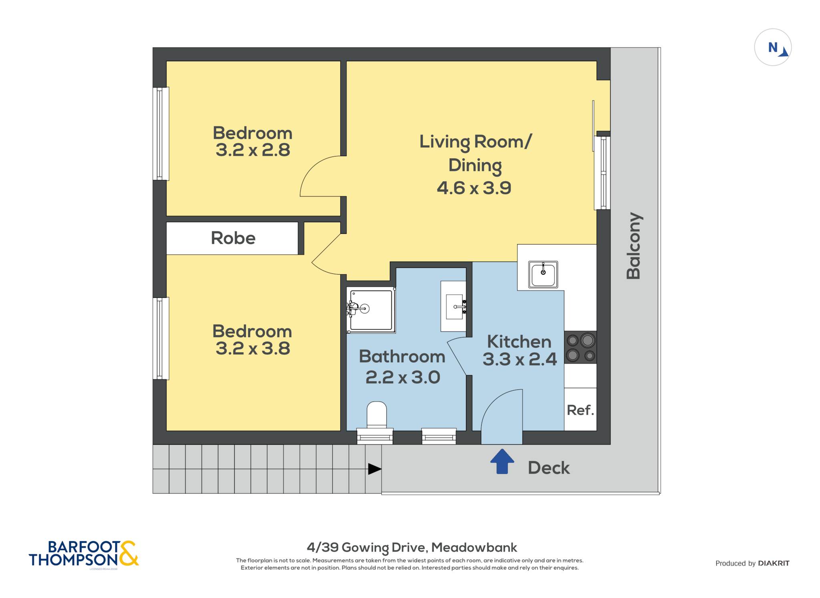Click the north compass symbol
773,47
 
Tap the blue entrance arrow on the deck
502,462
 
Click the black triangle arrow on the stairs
375,469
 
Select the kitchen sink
543,274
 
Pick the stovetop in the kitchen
580,347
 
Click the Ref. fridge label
580,410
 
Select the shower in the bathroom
371,310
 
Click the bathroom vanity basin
454,306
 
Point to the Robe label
233,238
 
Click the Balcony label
634,246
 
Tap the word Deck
549,468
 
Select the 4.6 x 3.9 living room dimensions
474,188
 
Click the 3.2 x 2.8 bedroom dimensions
253,150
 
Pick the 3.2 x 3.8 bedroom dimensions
253,348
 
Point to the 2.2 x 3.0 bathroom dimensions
403,377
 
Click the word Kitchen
519,342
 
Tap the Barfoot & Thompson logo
84,554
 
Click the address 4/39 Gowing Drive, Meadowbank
412,547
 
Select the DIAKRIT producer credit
774,563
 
